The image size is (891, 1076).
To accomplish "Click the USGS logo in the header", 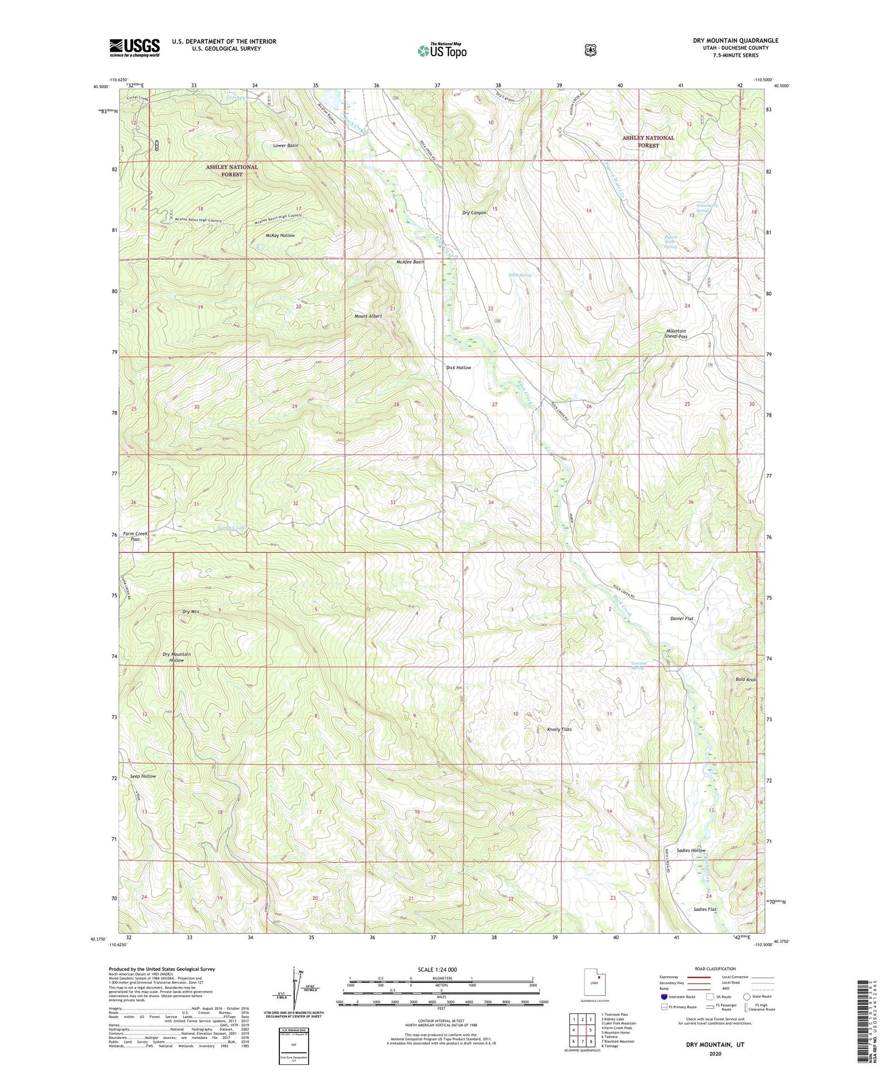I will pyautogui.click(x=134, y=47).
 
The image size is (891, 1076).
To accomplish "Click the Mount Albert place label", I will pyautogui.click(x=368, y=316).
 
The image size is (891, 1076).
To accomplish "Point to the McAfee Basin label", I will pyautogui.click(x=410, y=262).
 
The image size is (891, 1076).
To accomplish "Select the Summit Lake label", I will pyautogui.click(x=216, y=528).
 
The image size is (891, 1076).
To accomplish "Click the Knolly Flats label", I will pyautogui.click(x=559, y=730).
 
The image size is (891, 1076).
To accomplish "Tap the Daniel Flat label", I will pyautogui.click(x=682, y=618).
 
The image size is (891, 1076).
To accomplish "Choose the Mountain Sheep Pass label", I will pyautogui.click(x=676, y=333).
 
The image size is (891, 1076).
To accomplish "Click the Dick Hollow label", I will pyautogui.click(x=458, y=368).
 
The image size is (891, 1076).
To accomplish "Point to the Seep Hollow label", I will pyautogui.click(x=143, y=776).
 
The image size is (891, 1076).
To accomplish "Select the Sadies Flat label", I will pyautogui.click(x=705, y=910).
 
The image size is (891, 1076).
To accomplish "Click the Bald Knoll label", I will pyautogui.click(x=745, y=680).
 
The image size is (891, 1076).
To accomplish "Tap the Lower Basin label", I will pyautogui.click(x=285, y=145).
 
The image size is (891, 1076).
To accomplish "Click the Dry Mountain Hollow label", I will pyautogui.click(x=176, y=657).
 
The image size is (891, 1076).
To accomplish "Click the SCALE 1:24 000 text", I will pyautogui.click(x=437, y=969).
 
